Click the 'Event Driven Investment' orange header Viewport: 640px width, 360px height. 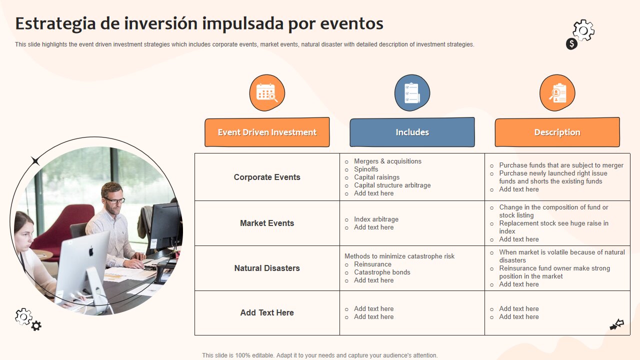click(x=267, y=132)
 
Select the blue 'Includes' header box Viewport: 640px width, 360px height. click(x=412, y=132)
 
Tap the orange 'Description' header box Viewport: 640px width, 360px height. click(x=557, y=132)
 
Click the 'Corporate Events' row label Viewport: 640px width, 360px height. click(x=267, y=177)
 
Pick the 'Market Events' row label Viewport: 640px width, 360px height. click(x=267, y=223)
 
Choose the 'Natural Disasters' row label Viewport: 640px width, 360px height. click(x=267, y=268)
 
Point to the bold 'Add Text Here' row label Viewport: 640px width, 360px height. click(x=267, y=312)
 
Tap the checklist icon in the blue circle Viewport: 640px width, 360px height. click(x=412, y=93)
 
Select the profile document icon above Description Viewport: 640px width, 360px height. click(x=557, y=93)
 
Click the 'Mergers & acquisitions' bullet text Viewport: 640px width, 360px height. click(x=387, y=161)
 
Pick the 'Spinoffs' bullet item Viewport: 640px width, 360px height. click(x=366, y=169)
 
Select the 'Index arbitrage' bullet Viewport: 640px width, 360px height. click(x=376, y=219)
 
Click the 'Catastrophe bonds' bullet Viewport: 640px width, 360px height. click(x=382, y=272)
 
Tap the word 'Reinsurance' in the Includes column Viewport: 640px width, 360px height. click(x=372, y=264)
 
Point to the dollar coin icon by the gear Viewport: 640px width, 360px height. click(x=571, y=44)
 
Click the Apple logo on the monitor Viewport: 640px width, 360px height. click(x=91, y=251)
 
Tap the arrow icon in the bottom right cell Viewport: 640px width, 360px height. click(x=617, y=325)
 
